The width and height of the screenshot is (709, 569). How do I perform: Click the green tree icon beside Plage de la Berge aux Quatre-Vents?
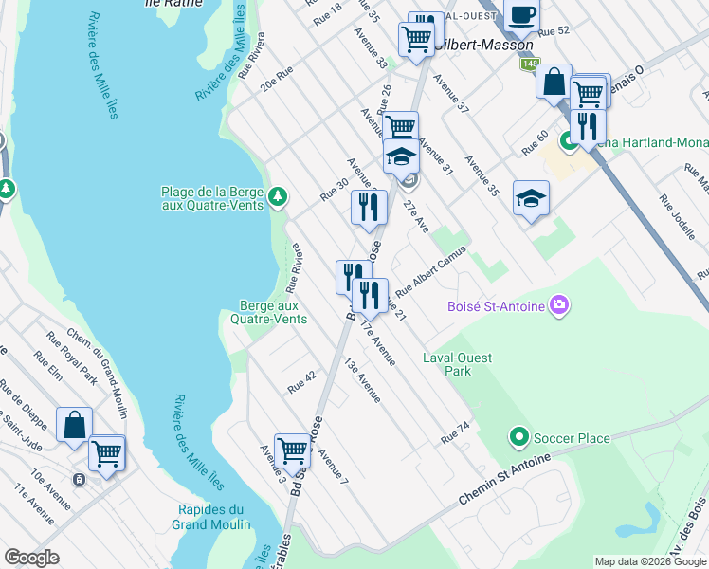[x=277, y=197]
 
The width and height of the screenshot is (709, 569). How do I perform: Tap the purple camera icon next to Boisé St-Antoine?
[x=561, y=304]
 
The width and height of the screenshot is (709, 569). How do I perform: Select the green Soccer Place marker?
[x=518, y=437]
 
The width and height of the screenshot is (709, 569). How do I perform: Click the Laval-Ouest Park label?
[x=446, y=365]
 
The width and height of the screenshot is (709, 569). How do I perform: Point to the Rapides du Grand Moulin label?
[x=213, y=517]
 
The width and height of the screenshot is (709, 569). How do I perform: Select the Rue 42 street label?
[x=301, y=382]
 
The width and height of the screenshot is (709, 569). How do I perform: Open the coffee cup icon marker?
[x=521, y=15]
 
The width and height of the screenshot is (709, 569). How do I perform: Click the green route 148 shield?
[x=526, y=64]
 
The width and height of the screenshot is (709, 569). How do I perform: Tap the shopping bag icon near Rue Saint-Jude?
[x=74, y=425]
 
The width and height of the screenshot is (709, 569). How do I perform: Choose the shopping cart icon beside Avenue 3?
[x=292, y=450]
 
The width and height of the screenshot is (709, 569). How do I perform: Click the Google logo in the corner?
[x=31, y=557]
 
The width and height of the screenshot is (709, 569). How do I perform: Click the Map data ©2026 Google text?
[x=649, y=561]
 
